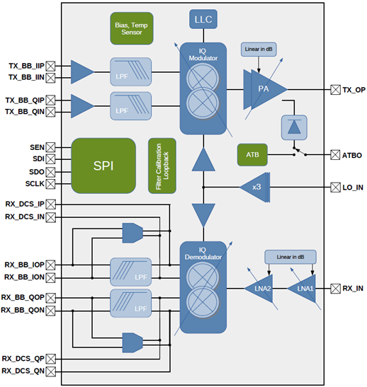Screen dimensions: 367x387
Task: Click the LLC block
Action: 203,19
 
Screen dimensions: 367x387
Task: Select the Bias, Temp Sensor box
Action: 132,28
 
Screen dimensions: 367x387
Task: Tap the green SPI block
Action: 103,166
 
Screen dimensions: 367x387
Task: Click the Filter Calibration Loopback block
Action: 162,166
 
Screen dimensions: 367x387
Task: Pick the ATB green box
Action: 252,155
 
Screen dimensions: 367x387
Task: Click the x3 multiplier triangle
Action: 255,187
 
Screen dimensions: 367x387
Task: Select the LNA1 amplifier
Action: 302,288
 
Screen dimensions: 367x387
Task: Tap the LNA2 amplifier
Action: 259,288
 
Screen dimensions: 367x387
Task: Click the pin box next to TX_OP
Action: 335,90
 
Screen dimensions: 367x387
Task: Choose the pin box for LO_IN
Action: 335,187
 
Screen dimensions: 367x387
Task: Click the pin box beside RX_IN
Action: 335,288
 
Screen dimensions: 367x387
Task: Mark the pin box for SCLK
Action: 50,184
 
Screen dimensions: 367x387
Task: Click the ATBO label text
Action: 352,155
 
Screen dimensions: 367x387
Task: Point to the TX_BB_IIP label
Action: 26,66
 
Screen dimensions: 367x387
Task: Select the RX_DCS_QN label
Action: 23,371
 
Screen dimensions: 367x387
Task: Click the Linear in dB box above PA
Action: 259,49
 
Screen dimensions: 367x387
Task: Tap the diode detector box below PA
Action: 294,127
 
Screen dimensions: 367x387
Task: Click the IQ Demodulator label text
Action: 203,253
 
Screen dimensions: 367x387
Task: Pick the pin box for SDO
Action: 50,172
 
